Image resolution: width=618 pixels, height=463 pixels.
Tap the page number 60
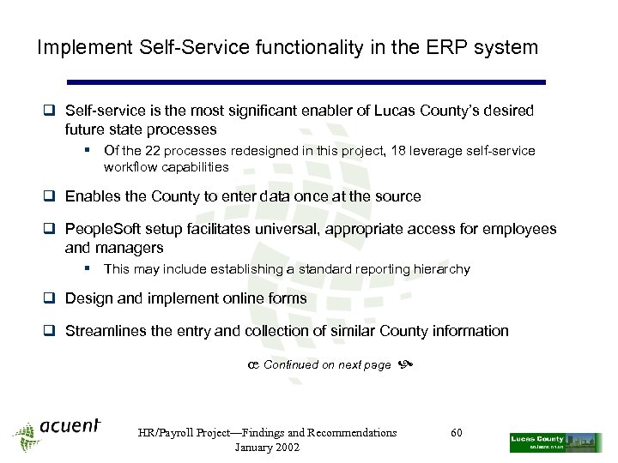pos(457,433)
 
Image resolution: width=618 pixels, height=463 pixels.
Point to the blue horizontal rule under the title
pos(306,82)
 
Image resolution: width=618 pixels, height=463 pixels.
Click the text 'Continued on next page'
pos(327,365)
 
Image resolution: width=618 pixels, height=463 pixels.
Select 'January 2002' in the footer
pos(267,448)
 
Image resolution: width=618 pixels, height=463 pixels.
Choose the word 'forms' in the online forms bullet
pos(287,298)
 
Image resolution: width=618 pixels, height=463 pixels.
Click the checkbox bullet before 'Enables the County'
pos(51,196)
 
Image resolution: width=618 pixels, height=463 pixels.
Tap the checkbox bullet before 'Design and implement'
pos(51,298)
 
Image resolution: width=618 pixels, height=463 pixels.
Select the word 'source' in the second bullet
pos(397,196)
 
